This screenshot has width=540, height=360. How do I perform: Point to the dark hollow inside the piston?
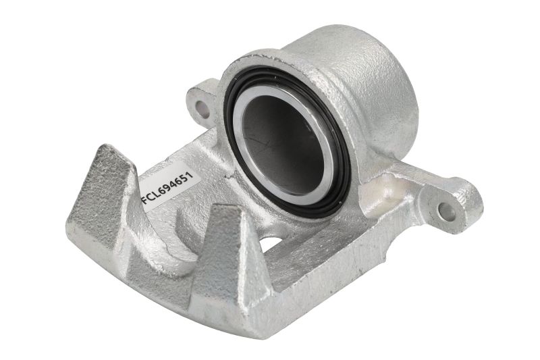click(281, 142)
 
